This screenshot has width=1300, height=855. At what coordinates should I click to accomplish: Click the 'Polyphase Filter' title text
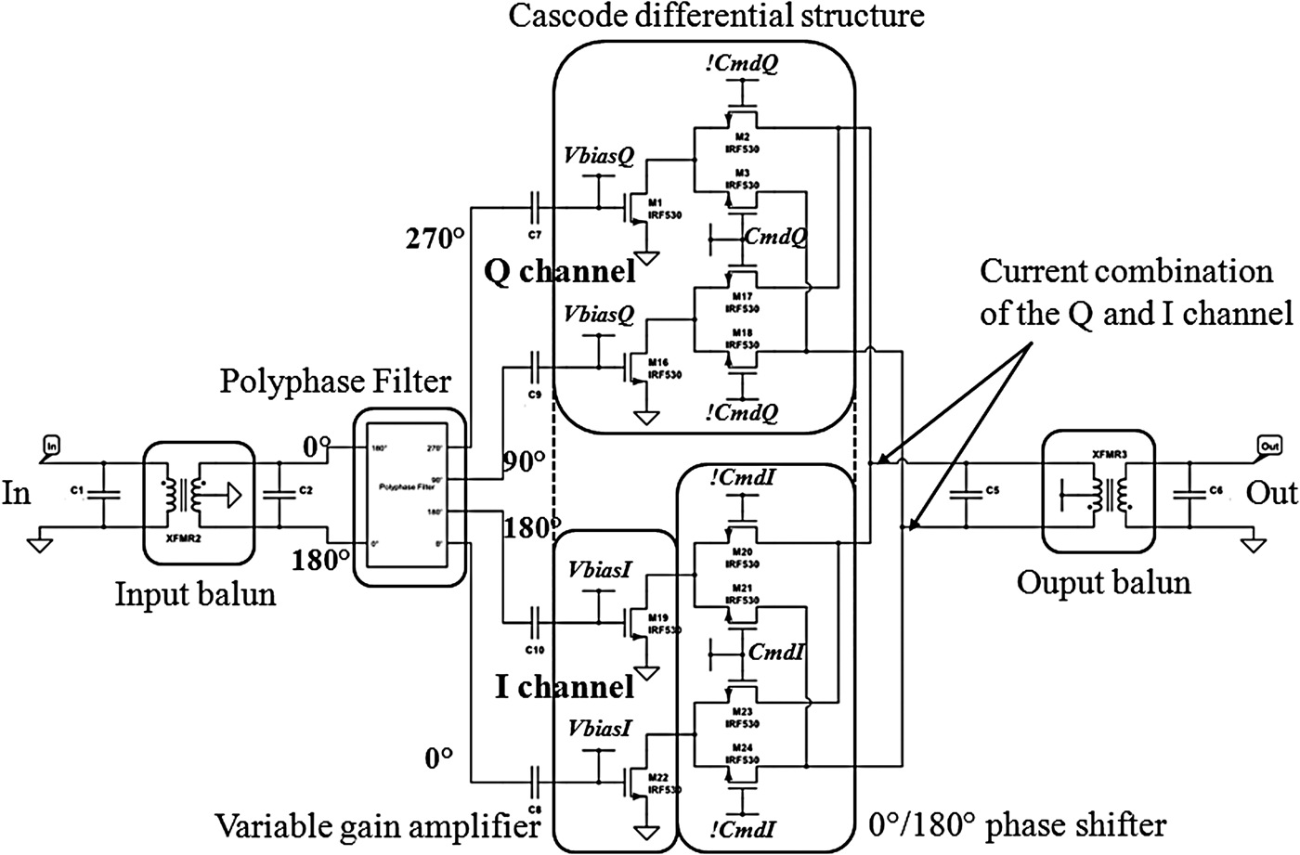[335, 382]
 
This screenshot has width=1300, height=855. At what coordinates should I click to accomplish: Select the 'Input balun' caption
[195, 594]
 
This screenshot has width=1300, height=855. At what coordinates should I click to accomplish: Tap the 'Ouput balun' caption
[1103, 583]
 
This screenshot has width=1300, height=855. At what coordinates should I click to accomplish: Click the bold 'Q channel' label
[560, 272]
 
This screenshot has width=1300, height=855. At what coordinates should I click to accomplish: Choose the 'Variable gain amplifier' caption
[378, 824]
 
